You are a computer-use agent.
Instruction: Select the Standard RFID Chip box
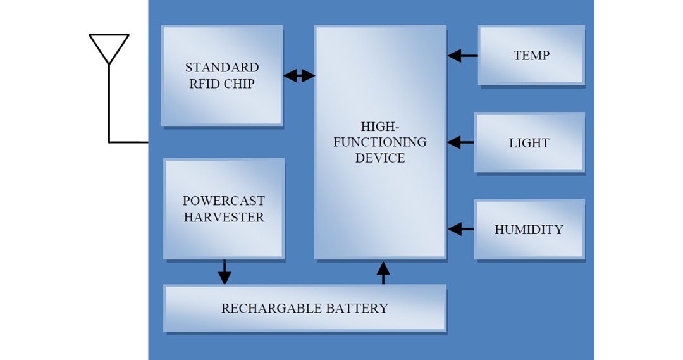click(x=221, y=76)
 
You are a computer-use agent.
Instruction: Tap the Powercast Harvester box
click(x=223, y=209)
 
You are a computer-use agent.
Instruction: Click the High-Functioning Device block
click(x=380, y=142)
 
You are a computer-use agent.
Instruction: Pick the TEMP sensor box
click(x=531, y=55)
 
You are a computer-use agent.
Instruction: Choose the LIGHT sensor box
click(x=529, y=142)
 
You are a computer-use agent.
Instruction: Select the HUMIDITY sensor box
click(x=529, y=230)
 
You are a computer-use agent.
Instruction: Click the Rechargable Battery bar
click(x=304, y=308)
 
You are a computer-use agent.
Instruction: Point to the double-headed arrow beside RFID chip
click(x=299, y=76)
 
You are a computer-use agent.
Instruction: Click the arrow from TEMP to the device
click(x=462, y=56)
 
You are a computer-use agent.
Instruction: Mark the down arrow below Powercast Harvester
click(x=225, y=272)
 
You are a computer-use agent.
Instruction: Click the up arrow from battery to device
click(x=383, y=272)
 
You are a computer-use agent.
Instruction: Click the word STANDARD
click(x=222, y=68)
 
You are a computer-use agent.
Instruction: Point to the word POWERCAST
click(x=223, y=201)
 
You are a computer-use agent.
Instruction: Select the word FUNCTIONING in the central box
click(x=380, y=142)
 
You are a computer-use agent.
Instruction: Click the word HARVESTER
click(x=224, y=217)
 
